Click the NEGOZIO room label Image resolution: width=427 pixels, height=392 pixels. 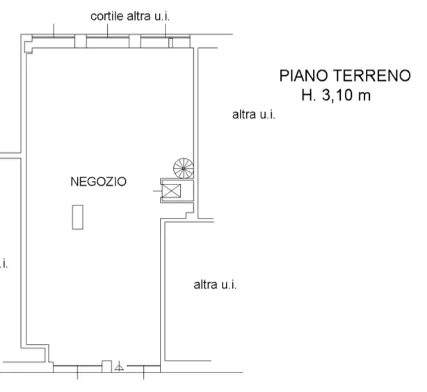(98, 182)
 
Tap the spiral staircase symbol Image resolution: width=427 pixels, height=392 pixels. (184, 168)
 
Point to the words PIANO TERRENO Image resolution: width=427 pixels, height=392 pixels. (345, 76)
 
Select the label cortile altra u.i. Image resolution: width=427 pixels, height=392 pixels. (130, 16)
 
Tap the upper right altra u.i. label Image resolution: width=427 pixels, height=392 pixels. (253, 115)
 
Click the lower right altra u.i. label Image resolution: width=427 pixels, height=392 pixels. (215, 285)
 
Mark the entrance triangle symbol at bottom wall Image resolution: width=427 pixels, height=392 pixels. (120, 365)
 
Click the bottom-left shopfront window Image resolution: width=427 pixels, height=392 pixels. (76, 368)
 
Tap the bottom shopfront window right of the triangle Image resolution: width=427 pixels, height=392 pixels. (144, 368)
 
